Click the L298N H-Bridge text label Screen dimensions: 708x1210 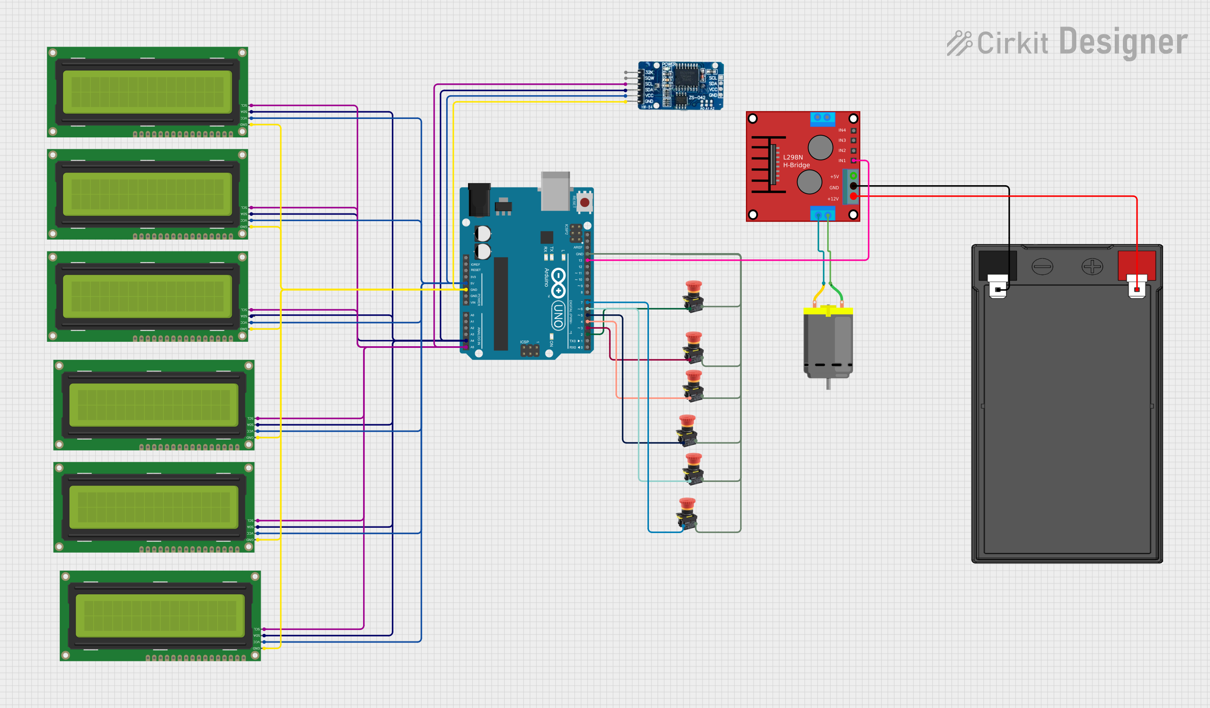[x=796, y=161]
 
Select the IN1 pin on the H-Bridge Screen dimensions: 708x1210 [x=853, y=160]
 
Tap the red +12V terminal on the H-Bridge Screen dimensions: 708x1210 [x=853, y=196]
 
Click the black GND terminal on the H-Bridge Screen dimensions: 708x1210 [x=853, y=186]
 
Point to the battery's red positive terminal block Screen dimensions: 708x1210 [x=1136, y=265]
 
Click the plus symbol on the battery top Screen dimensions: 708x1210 [x=1092, y=267]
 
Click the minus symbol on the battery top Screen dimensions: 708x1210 [x=1042, y=267]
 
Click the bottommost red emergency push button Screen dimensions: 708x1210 [x=687, y=512]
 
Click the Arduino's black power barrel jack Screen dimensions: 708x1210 [x=479, y=199]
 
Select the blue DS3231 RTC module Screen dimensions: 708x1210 [x=681, y=86]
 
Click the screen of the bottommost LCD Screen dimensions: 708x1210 [x=160, y=616]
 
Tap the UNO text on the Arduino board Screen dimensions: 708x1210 [x=558, y=314]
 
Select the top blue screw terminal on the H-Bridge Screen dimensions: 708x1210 [x=822, y=118]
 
